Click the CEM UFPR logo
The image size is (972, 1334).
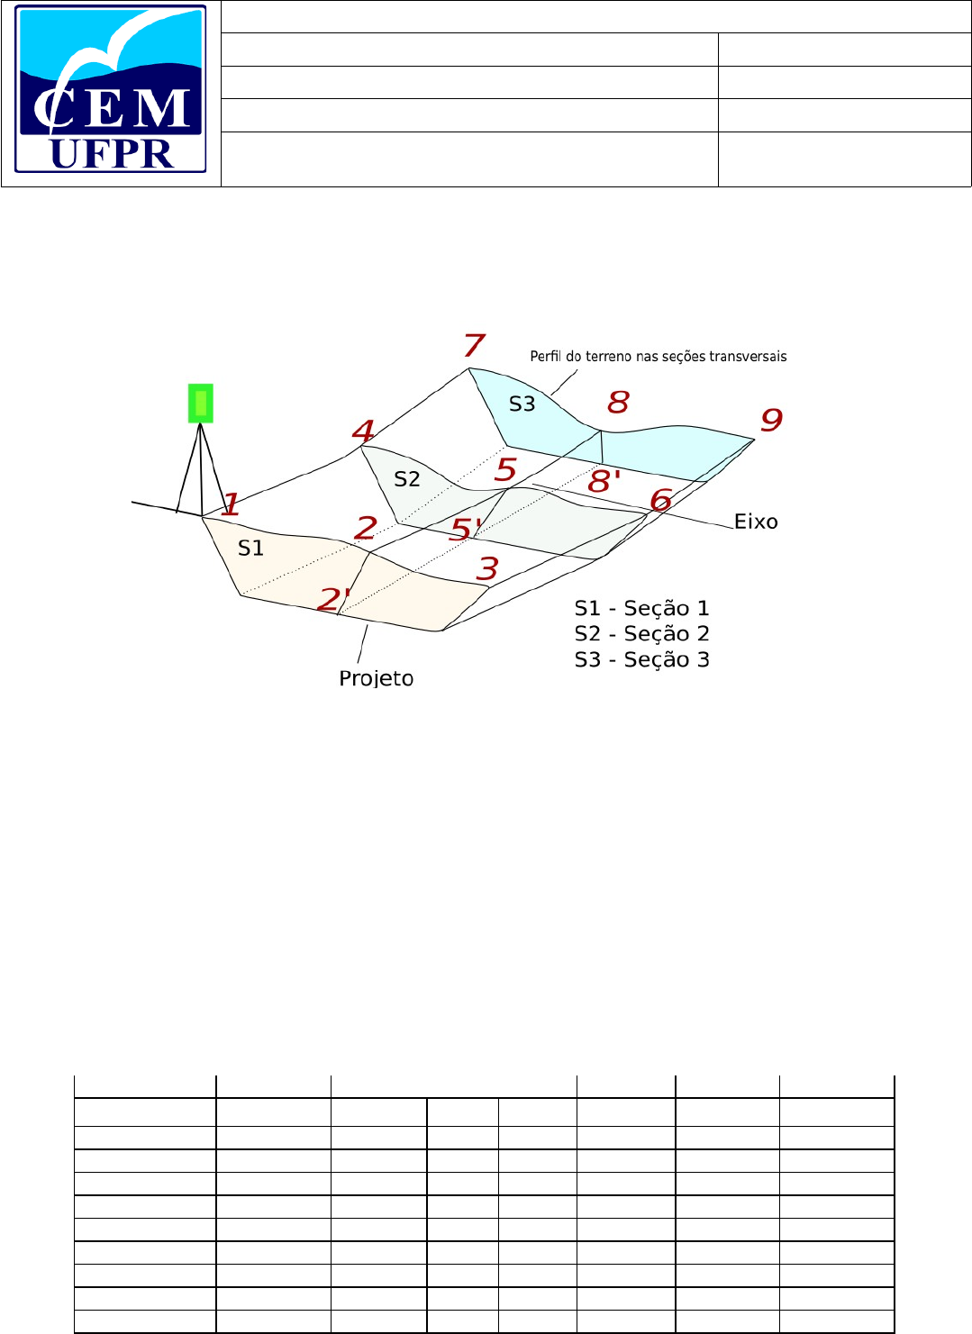coord(111,89)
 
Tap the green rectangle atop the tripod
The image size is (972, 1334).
coord(200,403)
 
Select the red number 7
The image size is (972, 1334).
coord(475,345)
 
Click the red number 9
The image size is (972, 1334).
coord(771,420)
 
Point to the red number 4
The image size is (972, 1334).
coord(363,431)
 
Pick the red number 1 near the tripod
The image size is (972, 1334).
coord(231,505)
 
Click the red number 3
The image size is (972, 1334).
coord(487,568)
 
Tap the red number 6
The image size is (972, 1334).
coord(661,500)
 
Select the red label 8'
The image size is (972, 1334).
coord(604,481)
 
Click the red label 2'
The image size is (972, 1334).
coord(333,599)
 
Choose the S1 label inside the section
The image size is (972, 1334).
coord(250,549)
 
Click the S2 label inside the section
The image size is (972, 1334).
coord(407,479)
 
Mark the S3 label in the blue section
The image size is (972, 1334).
coord(522,404)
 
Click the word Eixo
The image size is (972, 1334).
coord(756,522)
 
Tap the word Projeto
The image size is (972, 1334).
coord(377,678)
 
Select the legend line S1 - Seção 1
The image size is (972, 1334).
coord(641,609)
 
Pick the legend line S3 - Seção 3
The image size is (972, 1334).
coord(641,660)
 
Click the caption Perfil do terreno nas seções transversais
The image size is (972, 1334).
coord(658,357)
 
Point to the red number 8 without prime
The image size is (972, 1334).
coord(618,402)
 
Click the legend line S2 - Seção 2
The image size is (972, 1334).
coord(641,634)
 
